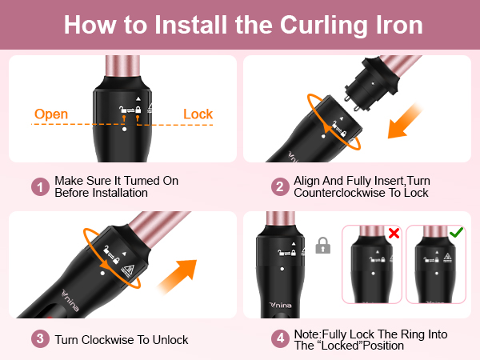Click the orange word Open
coord(50,114)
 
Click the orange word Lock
coord(198,114)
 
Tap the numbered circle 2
coord(279,186)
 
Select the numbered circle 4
coord(279,340)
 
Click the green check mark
coord(456,234)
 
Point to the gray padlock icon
coord(323,246)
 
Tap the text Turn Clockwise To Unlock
coord(122,340)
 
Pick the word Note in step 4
coord(307,334)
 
